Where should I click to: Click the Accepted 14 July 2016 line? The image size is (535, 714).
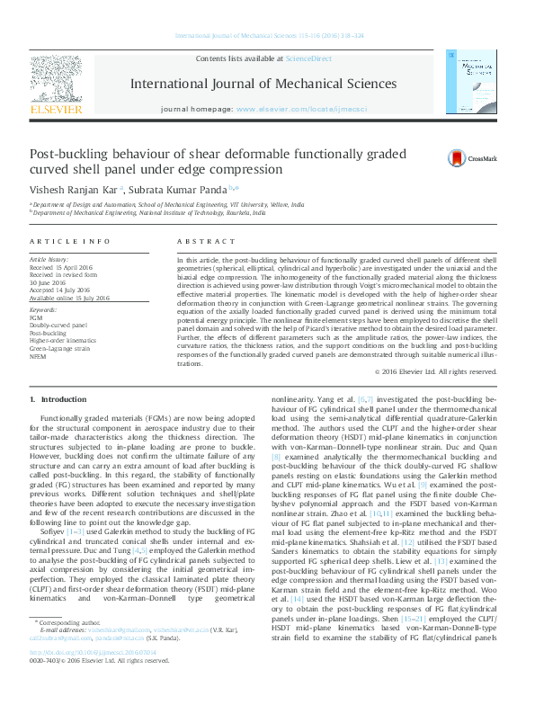[67, 290]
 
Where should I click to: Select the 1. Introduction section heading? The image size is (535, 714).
[58, 398]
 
